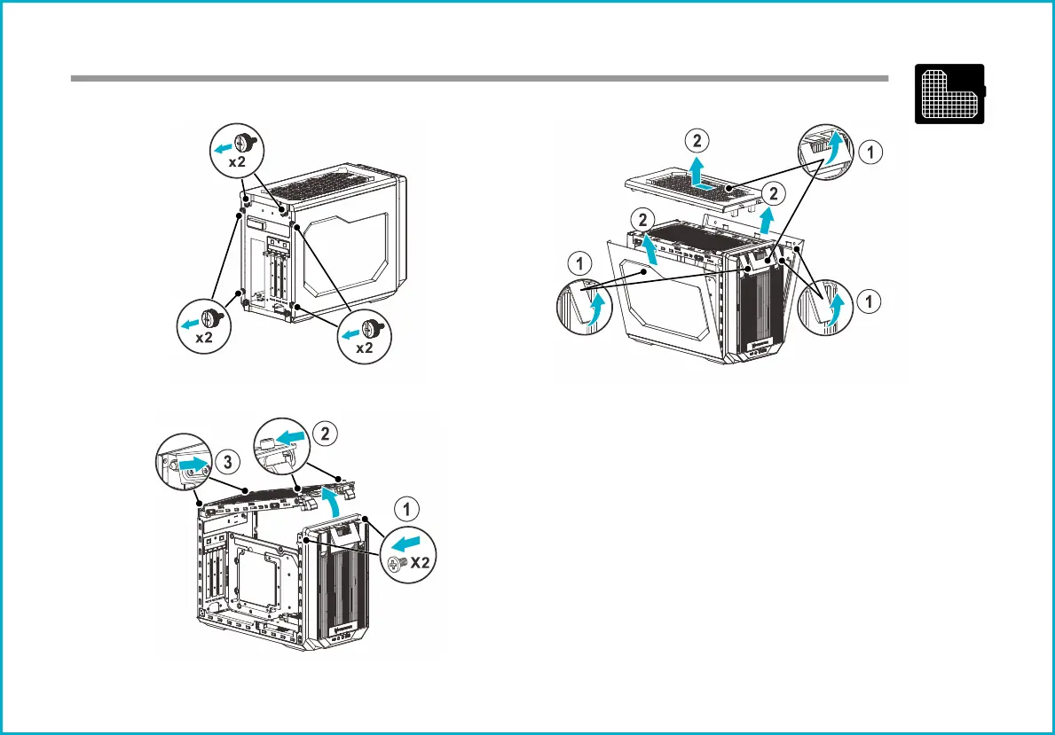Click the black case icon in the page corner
click(x=950, y=93)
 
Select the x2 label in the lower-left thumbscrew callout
click(x=203, y=337)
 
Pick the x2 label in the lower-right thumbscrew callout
click(x=364, y=348)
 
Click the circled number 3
click(x=228, y=462)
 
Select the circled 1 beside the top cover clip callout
click(x=873, y=152)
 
